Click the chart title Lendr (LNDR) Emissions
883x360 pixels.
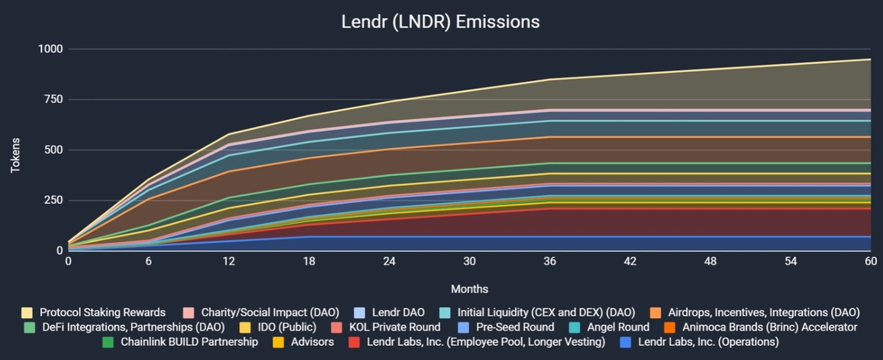[x=441, y=21]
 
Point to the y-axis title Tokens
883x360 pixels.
[x=15, y=155]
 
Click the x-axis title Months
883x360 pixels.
[x=470, y=289]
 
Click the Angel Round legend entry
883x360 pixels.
[x=617, y=327]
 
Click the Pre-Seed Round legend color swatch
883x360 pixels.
[x=464, y=327]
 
